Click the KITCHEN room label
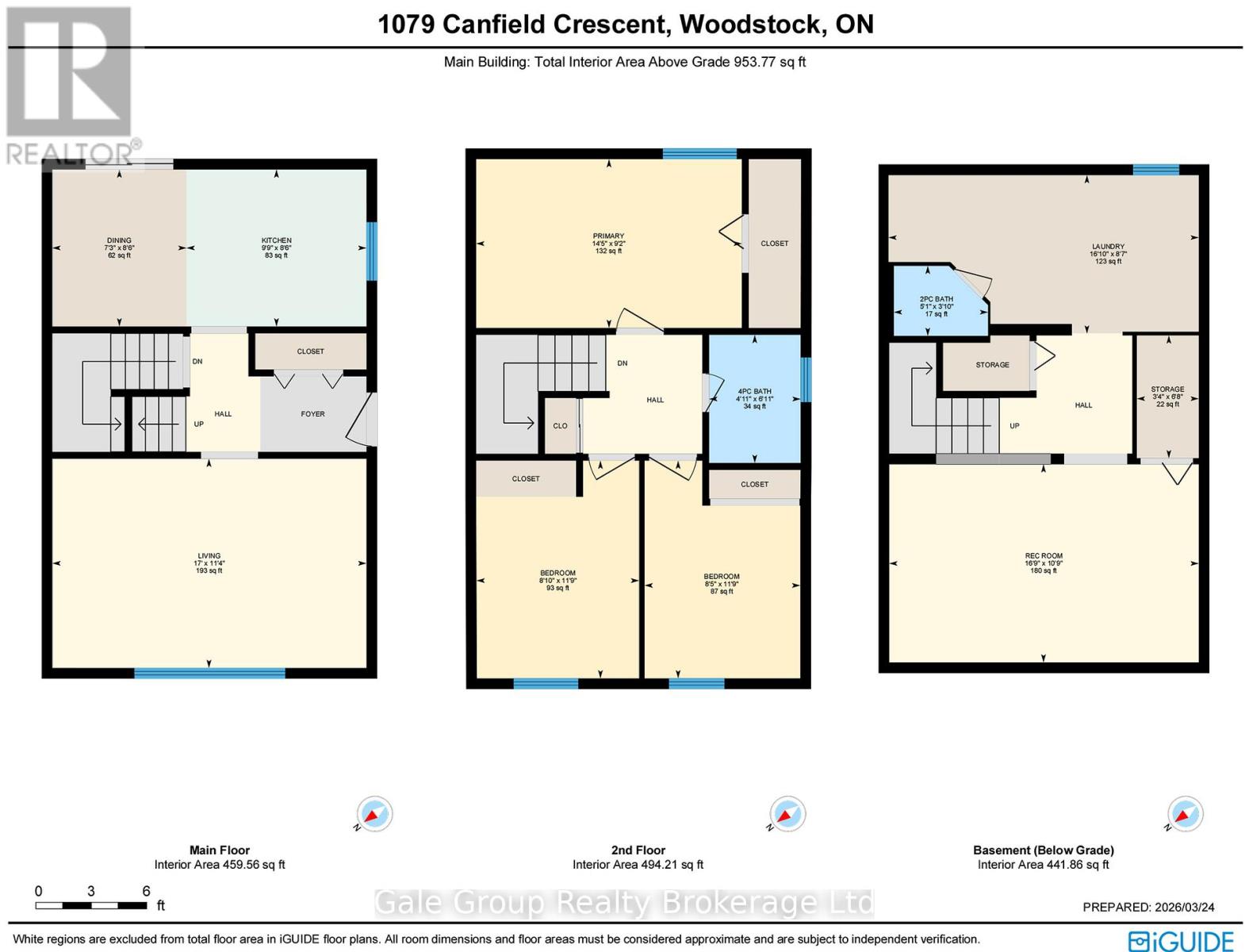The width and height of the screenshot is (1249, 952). point(276,240)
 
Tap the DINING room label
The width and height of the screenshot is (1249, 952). point(119,240)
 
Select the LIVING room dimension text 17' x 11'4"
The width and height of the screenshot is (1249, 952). point(209,563)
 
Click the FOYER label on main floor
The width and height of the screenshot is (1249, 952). point(312,414)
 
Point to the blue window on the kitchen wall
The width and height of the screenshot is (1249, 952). point(371,251)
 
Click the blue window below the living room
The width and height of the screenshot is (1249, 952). point(209,674)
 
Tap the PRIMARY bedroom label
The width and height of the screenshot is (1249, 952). point(608,236)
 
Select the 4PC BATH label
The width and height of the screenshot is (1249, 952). point(754,392)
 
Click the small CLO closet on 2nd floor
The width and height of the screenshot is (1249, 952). point(560,426)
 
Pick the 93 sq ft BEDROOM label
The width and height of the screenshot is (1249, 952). point(557,574)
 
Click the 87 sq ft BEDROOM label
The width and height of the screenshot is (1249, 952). point(722,577)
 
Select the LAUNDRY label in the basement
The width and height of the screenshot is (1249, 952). point(1108,247)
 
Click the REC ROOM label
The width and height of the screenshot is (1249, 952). point(1043,556)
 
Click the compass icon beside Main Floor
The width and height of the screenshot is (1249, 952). point(374,814)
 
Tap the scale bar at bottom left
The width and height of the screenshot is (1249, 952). point(91,905)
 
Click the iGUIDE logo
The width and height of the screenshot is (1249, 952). point(1182,941)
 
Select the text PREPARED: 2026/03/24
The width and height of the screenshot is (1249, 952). point(1148,907)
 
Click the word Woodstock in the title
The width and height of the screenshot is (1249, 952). point(749,24)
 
